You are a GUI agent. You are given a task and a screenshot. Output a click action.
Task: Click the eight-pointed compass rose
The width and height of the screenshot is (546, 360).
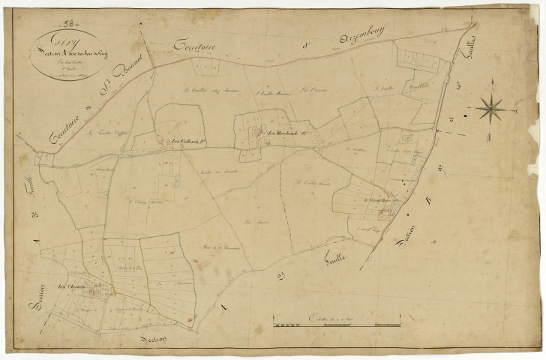[491, 109]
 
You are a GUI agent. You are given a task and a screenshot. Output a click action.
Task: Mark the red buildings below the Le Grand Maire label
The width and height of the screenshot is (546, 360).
[385, 213]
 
